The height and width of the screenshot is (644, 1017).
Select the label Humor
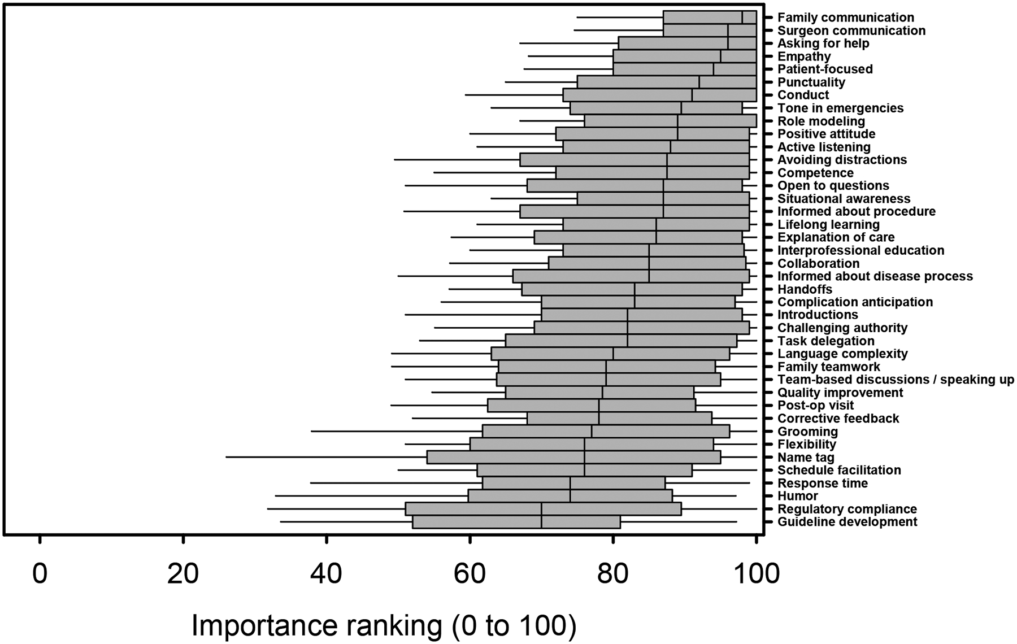797,496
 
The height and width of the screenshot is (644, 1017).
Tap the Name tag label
806,458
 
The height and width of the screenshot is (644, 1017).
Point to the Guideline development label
847,522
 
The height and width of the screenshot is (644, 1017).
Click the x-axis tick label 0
40,574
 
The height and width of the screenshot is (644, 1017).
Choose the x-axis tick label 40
327,574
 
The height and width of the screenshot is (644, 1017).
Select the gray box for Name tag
573,457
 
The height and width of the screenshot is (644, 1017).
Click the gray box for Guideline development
516,522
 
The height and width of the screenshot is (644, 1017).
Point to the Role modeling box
670,121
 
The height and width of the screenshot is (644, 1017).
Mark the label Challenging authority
842,328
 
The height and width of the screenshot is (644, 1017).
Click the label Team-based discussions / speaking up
896,380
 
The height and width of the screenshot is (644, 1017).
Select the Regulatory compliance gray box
543,509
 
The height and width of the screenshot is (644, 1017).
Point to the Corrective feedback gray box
619,418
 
